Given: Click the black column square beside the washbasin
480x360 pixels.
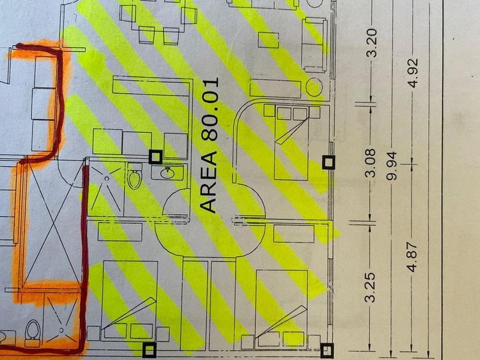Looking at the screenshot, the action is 155,157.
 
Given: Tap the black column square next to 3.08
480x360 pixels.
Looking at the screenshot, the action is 329,162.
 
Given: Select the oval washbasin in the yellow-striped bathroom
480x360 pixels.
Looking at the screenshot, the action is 168,172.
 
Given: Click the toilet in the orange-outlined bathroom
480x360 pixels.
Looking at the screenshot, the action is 33,330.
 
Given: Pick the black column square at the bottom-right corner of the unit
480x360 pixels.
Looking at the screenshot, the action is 327,349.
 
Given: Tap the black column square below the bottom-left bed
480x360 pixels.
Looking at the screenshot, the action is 150,349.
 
